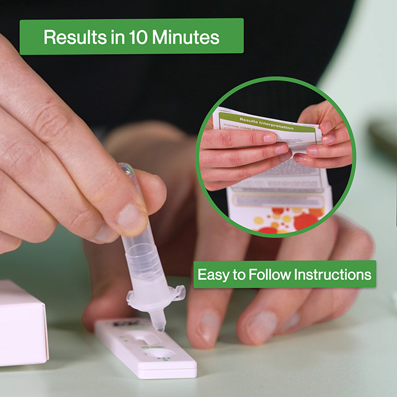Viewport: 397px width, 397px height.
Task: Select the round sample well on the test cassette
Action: coord(161,354)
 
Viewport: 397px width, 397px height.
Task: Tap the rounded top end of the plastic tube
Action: coord(125,168)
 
